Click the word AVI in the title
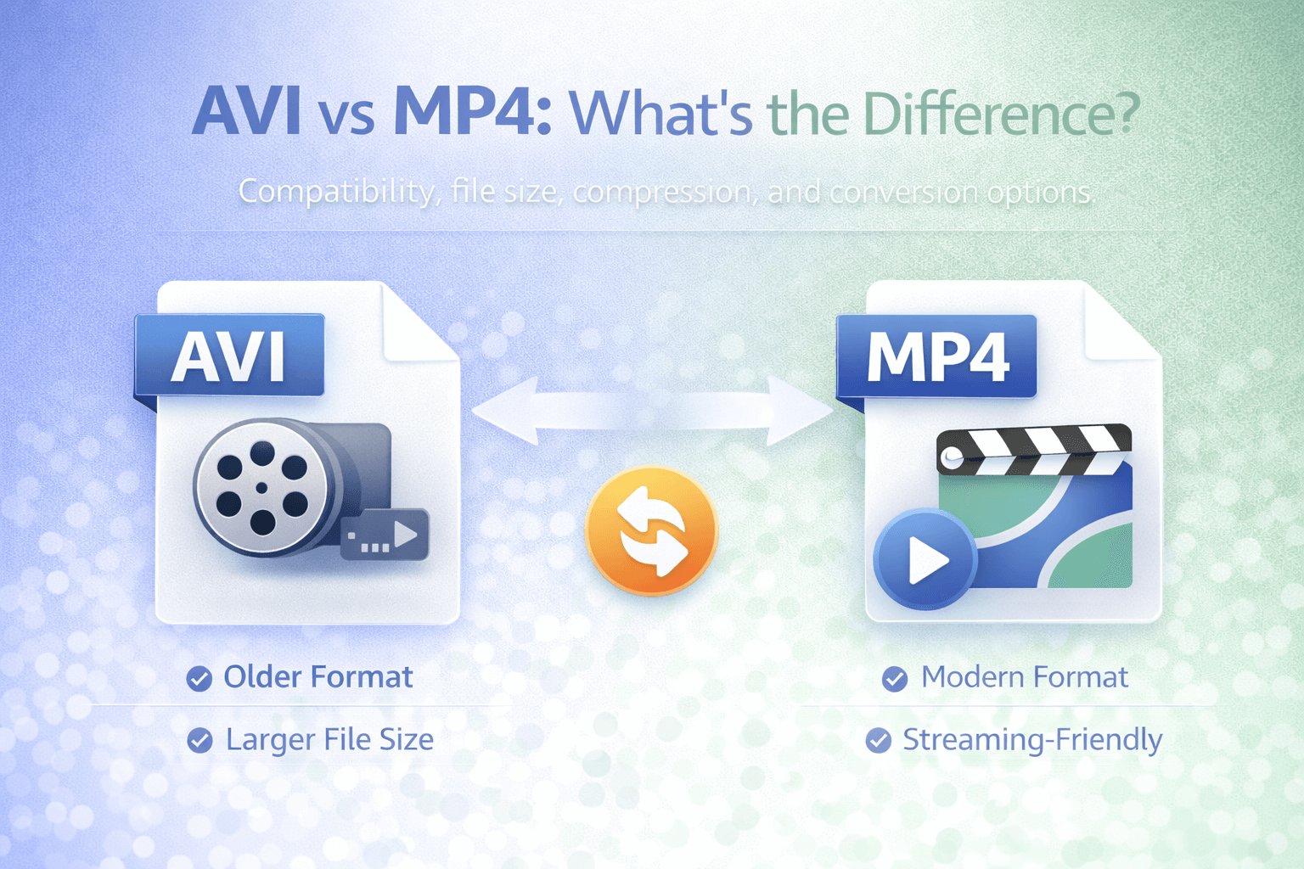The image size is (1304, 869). (247, 110)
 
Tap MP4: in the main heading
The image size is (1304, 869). (472, 112)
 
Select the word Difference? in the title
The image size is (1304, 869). (1001, 112)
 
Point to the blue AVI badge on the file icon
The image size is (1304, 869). (229, 356)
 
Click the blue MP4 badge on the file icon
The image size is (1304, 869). (936, 356)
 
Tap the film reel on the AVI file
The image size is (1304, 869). (262, 488)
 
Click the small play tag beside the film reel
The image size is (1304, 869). (385, 535)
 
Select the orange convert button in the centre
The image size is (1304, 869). (651, 530)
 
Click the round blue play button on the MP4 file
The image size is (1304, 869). (925, 559)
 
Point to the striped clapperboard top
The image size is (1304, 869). (1033, 449)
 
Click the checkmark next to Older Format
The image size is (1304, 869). (200, 679)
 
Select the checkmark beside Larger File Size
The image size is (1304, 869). (200, 740)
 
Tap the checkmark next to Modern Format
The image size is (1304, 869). (895, 679)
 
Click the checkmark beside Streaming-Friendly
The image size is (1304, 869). (879, 740)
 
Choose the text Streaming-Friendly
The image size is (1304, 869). (1032, 740)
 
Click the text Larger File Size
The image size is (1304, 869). (330, 740)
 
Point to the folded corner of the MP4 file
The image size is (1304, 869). (1121, 323)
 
